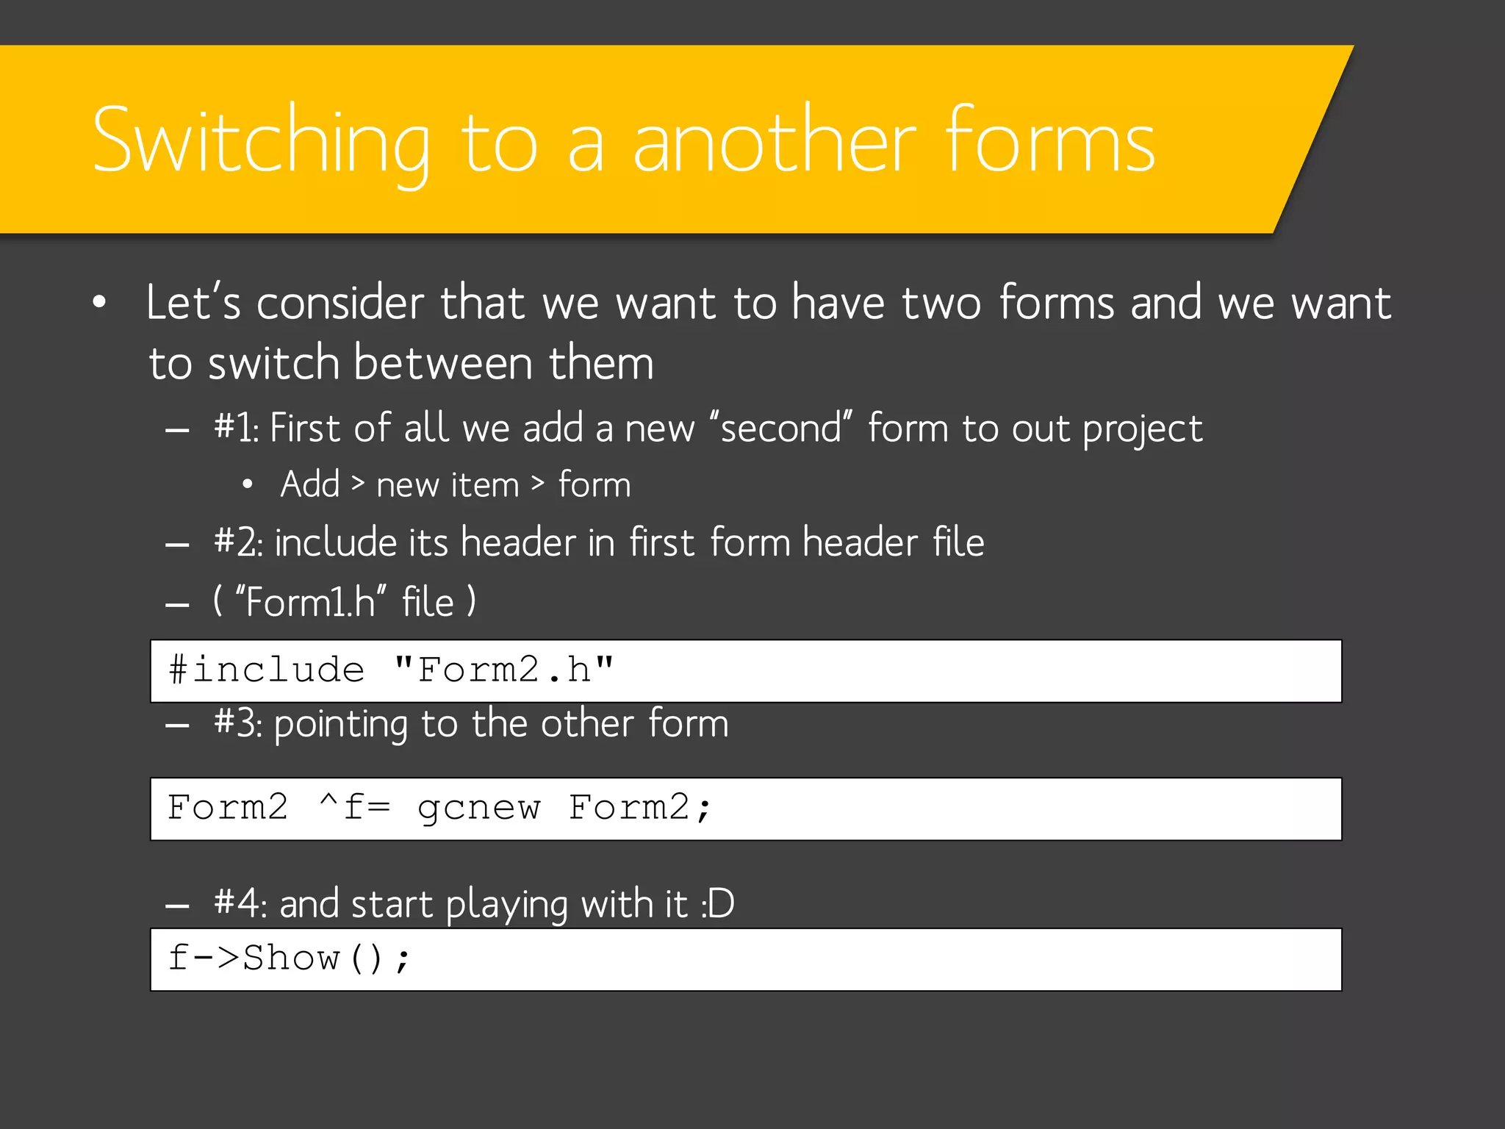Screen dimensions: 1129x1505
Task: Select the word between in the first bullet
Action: click(x=442, y=363)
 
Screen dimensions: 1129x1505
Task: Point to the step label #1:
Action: click(x=236, y=428)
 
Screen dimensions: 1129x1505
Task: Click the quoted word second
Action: click(x=781, y=428)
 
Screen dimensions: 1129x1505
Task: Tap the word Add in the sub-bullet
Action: click(x=310, y=484)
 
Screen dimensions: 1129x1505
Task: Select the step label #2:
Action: click(x=237, y=542)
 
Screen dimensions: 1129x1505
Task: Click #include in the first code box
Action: click(x=266, y=670)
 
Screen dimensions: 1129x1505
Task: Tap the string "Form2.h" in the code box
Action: click(x=503, y=670)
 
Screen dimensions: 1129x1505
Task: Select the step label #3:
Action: click(x=237, y=723)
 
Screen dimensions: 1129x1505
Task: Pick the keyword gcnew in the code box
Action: click(x=478, y=808)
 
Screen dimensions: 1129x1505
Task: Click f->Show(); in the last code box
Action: click(x=289, y=958)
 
